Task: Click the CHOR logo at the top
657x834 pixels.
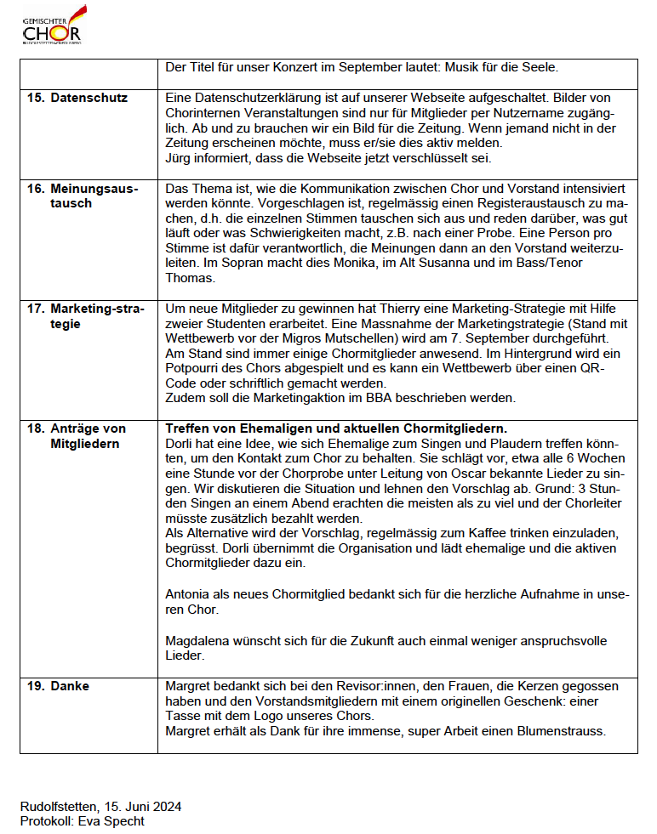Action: [x=52, y=26]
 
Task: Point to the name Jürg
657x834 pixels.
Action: [x=180, y=157]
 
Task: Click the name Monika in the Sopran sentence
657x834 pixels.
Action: [x=363, y=263]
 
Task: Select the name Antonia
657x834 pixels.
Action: [x=189, y=595]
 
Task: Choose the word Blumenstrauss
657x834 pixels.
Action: [x=561, y=731]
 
